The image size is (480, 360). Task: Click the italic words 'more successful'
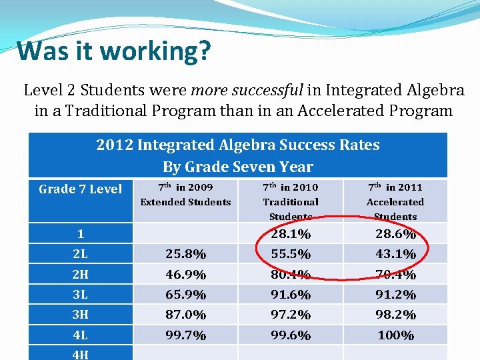tap(247, 89)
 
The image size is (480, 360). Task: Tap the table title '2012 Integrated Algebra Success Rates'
tap(238, 145)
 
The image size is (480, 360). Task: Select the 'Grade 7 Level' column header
tap(81, 189)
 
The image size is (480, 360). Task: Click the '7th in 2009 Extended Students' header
tap(185, 195)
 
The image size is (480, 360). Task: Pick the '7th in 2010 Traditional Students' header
tap(291, 201)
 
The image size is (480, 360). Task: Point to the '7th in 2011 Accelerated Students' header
tap(395, 201)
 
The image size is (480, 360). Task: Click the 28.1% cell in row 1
tap(291, 234)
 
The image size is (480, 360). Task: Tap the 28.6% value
tap(395, 234)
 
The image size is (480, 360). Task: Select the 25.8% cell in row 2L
tap(185, 254)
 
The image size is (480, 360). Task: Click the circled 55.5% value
tap(291, 254)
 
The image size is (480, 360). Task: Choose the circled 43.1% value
tap(395, 254)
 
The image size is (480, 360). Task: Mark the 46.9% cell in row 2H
tap(185, 275)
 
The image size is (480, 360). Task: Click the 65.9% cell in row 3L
tap(185, 295)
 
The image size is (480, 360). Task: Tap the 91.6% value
tap(291, 295)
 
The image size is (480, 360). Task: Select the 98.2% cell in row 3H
tap(395, 315)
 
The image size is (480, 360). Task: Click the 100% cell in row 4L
tap(395, 335)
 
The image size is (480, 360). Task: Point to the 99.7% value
tap(185, 335)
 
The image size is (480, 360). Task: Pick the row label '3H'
tap(81, 315)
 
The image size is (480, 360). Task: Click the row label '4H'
tap(81, 355)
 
